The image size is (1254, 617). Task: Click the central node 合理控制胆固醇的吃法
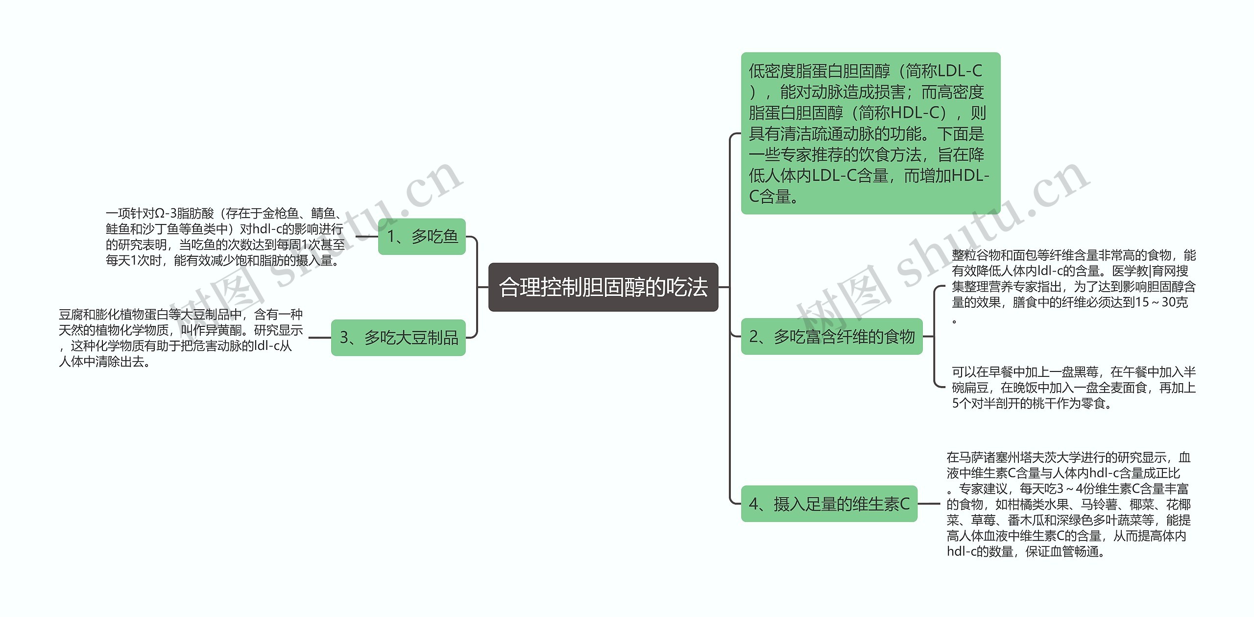point(603,287)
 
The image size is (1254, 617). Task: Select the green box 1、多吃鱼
point(422,237)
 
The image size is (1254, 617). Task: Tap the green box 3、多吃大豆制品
point(398,338)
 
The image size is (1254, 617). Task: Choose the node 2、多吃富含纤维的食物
point(831,337)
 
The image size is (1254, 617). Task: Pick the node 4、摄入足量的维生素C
point(829,504)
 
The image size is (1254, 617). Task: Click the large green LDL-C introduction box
point(870,133)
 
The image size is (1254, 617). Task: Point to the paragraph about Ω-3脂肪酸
point(225,237)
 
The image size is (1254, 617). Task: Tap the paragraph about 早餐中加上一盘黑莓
point(1073,388)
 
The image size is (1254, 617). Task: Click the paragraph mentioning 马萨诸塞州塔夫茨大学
point(1068,504)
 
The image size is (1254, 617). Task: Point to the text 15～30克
point(1161,302)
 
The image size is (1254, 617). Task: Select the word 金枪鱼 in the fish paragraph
point(280,214)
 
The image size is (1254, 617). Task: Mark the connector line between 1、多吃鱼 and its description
point(366,237)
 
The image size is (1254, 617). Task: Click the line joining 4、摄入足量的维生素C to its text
point(929,504)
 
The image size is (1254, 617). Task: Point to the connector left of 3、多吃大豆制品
point(319,338)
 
